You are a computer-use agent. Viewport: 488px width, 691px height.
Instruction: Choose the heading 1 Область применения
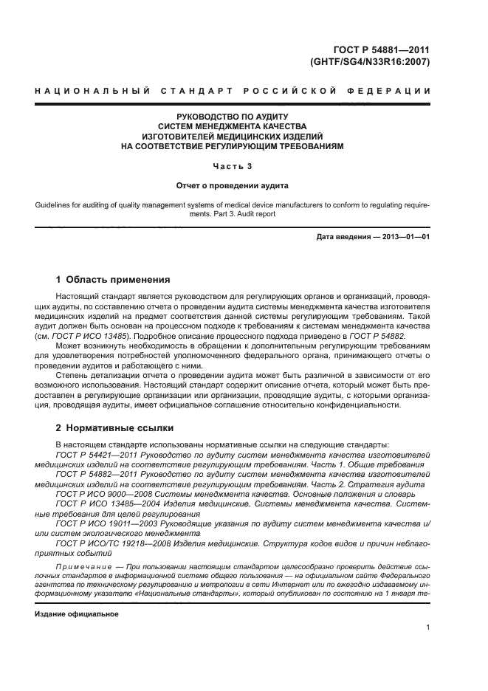[113, 280]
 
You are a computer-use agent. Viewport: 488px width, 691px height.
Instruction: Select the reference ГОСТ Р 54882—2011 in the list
[91, 474]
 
